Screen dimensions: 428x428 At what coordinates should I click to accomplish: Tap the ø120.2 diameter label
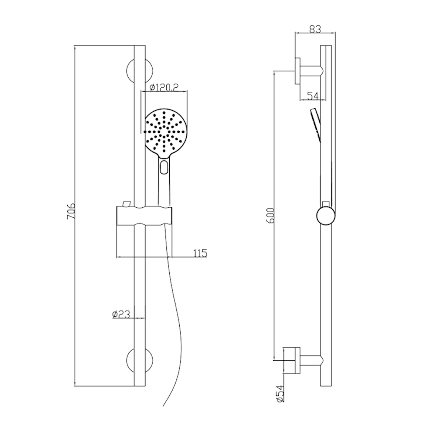(164, 87)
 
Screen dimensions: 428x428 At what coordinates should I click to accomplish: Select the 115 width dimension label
(200, 253)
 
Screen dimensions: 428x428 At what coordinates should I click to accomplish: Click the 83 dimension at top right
(316, 29)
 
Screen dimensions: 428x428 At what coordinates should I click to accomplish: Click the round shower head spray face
(164, 131)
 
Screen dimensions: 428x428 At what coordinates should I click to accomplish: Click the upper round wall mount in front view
(140, 71)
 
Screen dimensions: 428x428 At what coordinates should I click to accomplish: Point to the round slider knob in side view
(326, 216)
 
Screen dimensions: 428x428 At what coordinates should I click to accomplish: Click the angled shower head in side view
(316, 123)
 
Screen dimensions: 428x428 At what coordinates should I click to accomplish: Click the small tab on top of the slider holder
(126, 204)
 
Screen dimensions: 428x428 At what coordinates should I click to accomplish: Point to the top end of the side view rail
(326, 46)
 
